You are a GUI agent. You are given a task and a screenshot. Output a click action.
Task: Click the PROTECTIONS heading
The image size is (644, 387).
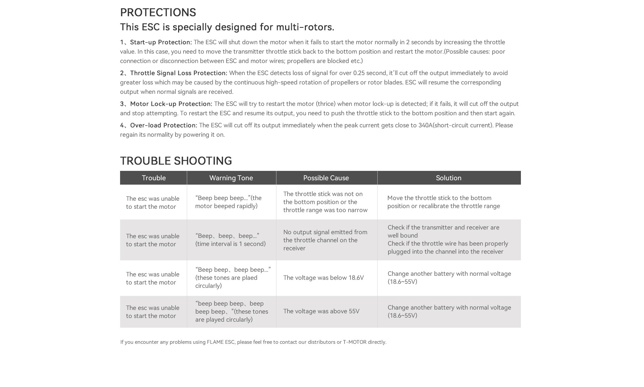158,12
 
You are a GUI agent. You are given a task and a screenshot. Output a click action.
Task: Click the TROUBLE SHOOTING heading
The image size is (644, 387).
176,161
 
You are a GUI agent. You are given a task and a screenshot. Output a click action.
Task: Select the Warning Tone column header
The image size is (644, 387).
231,178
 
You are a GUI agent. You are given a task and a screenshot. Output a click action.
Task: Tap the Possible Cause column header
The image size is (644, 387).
326,178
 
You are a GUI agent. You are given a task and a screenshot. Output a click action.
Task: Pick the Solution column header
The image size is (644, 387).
448,178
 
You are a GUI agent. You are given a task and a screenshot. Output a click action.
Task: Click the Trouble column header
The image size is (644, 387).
154,178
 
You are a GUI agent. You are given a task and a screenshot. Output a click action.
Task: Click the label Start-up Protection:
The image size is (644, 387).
161,42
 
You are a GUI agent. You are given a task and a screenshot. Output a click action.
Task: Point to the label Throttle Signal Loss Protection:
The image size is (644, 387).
178,73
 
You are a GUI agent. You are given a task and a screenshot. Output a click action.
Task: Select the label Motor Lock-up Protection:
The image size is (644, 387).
171,104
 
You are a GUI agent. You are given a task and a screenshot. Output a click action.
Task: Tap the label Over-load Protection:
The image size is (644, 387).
163,125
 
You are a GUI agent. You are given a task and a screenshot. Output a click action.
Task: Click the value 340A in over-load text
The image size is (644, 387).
425,125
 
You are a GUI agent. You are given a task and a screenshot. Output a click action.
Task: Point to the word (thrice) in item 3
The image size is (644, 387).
326,104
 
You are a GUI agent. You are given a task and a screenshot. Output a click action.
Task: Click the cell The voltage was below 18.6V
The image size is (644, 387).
323,278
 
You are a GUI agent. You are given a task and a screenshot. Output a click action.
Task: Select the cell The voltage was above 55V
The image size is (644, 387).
321,311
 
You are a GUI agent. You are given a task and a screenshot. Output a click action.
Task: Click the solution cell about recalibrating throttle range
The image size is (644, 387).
443,202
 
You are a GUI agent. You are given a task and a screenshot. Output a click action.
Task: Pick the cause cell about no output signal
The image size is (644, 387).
325,240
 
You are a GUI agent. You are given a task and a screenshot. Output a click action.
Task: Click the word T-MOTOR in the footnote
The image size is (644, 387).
355,342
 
